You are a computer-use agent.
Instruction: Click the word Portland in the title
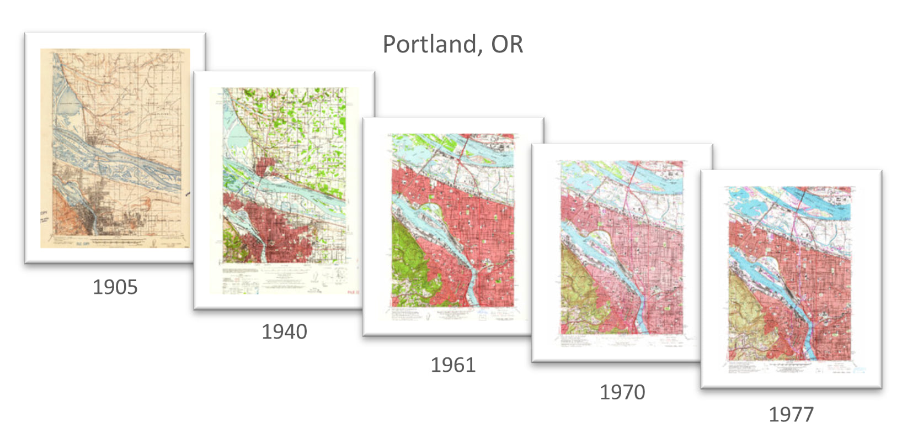coord(429,45)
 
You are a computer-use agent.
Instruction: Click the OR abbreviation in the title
coord(507,45)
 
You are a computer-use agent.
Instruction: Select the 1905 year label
coord(115,287)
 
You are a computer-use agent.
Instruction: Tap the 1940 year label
coord(284,332)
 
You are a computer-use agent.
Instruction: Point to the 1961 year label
coord(453,365)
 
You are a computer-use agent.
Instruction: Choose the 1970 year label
coord(622,392)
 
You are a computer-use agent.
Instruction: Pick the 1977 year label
coord(791,414)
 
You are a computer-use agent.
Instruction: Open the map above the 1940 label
coord(284,177)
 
